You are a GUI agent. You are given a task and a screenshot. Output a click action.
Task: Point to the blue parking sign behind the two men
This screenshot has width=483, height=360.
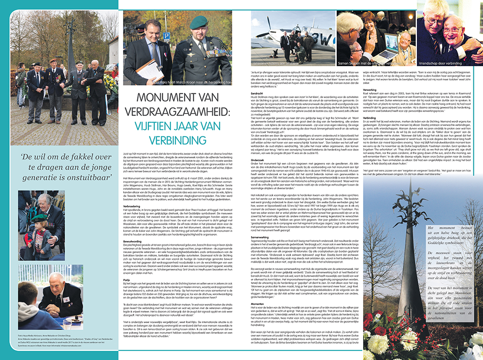point(167,36)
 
